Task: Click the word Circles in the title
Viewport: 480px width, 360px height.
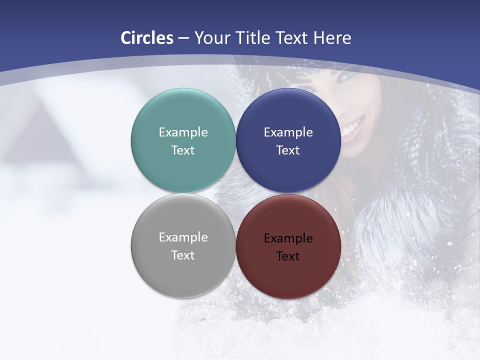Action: click(x=147, y=38)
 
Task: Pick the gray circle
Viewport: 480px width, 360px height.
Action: click(x=183, y=270)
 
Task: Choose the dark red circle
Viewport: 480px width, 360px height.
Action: click(x=288, y=272)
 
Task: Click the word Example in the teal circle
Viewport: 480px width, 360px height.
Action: click(x=183, y=132)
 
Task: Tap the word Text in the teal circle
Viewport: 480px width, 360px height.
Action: click(x=183, y=150)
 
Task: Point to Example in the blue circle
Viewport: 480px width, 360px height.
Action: click(x=288, y=132)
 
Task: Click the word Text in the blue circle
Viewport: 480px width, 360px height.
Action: click(x=288, y=150)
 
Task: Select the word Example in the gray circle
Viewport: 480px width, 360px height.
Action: click(x=183, y=237)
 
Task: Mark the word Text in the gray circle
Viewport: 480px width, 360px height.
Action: click(x=183, y=255)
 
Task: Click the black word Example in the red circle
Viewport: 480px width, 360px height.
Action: click(x=288, y=238)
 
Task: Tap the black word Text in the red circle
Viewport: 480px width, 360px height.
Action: click(x=288, y=256)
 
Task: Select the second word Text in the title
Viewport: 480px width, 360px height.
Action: click(x=291, y=38)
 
